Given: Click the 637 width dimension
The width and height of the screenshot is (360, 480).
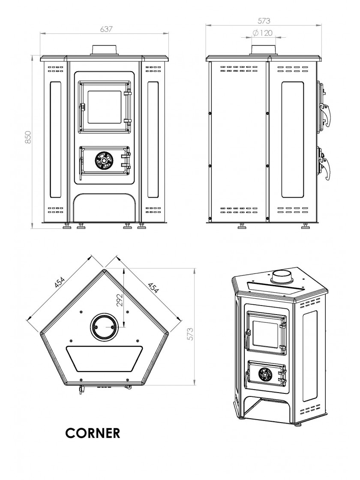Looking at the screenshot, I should [105, 29].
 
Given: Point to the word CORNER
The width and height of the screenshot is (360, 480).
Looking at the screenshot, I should [92, 432].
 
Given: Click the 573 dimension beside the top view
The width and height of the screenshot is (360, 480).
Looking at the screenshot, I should [190, 333].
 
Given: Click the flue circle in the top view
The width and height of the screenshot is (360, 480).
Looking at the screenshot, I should [103, 327].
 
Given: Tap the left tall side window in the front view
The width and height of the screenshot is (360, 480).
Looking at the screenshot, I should [56, 139].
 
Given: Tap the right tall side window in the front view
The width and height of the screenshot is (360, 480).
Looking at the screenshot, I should [153, 139].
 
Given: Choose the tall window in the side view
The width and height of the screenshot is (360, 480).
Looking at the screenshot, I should [293, 139].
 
